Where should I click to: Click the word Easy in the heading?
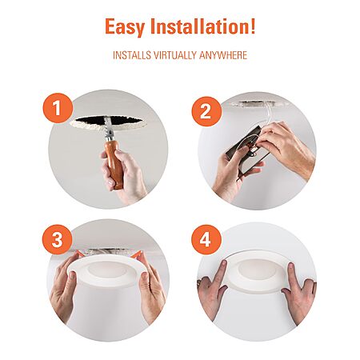click(125, 26)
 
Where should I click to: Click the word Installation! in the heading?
click(203, 26)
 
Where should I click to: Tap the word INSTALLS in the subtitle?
click(132, 55)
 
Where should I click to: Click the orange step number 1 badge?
click(58, 108)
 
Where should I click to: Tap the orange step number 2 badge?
click(206, 111)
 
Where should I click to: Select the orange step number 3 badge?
click(58, 239)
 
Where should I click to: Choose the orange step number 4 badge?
click(206, 240)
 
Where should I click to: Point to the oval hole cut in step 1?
click(108, 122)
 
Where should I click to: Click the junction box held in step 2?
click(246, 150)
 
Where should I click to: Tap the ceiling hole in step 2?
click(256, 103)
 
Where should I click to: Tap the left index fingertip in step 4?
click(223, 264)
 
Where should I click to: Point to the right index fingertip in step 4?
click(291, 266)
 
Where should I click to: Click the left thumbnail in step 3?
click(72, 275)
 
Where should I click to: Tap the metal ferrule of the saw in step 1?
click(109, 138)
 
